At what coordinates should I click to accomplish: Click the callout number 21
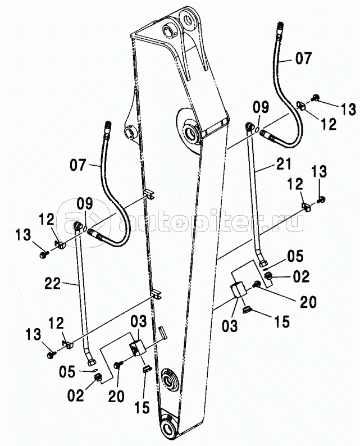(284, 165)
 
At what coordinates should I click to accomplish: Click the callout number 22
(53, 284)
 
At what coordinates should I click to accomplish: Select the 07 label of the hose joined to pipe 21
(304, 58)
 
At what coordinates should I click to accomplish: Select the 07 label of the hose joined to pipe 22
(78, 165)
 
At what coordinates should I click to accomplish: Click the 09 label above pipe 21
(261, 108)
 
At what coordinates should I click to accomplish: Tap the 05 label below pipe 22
(67, 372)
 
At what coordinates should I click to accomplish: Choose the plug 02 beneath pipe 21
(268, 276)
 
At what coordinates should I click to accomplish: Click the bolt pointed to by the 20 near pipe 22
(117, 365)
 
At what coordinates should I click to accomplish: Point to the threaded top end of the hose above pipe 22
(108, 127)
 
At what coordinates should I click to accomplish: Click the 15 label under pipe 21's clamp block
(282, 322)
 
